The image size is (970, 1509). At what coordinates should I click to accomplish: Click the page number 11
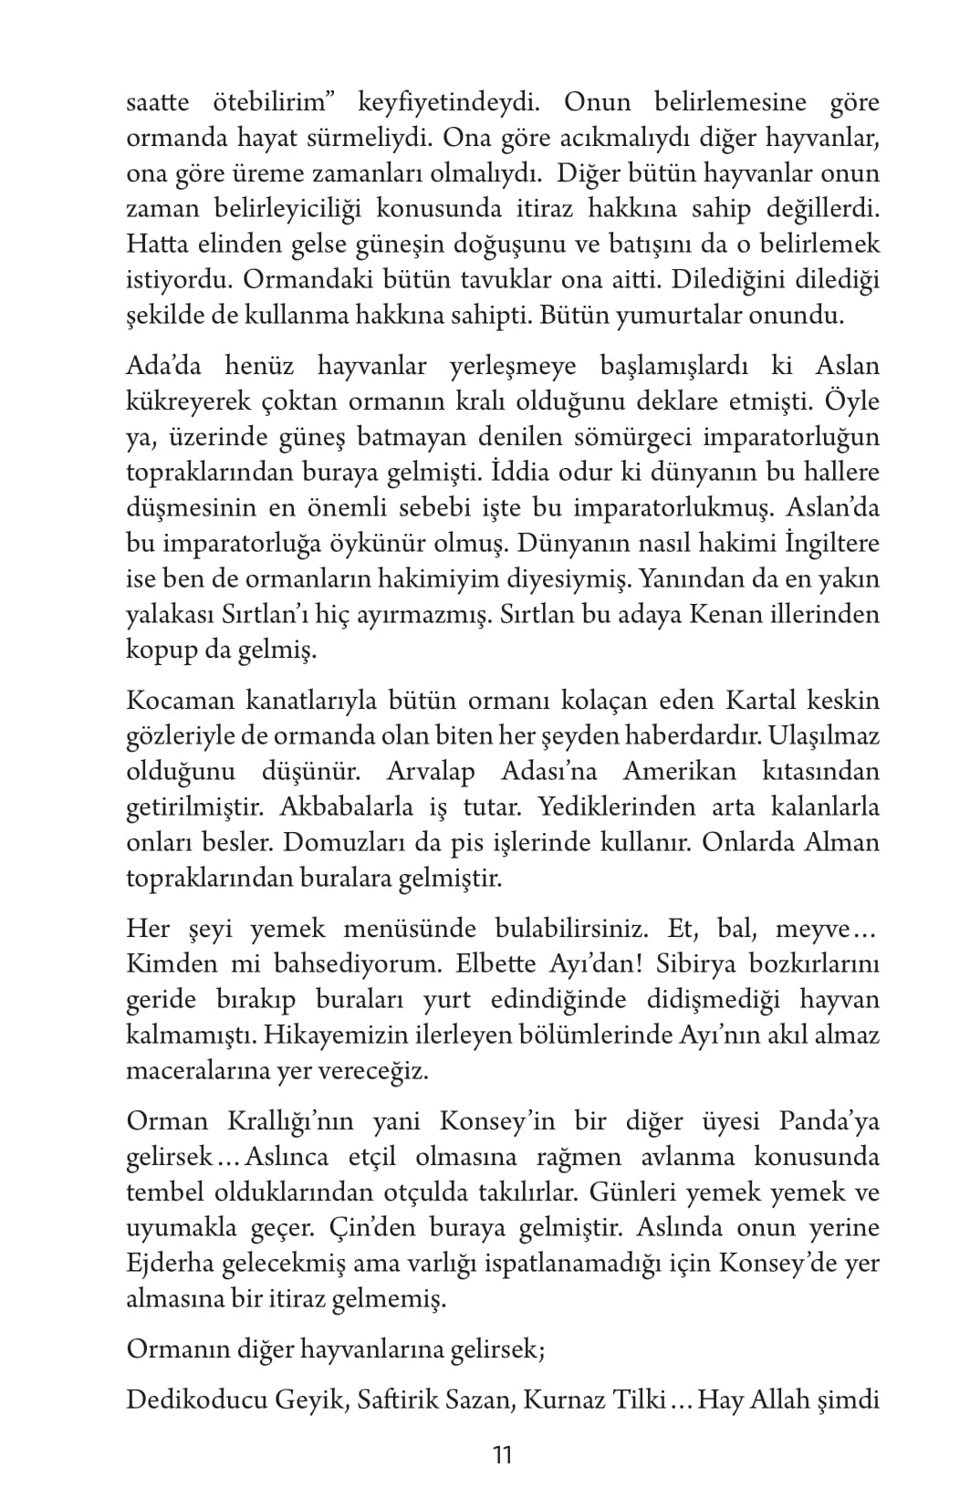pyautogui.click(x=502, y=1454)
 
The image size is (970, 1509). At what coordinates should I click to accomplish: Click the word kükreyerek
pyautogui.click(x=177, y=401)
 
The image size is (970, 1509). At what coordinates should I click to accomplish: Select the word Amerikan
pyautogui.click(x=679, y=772)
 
